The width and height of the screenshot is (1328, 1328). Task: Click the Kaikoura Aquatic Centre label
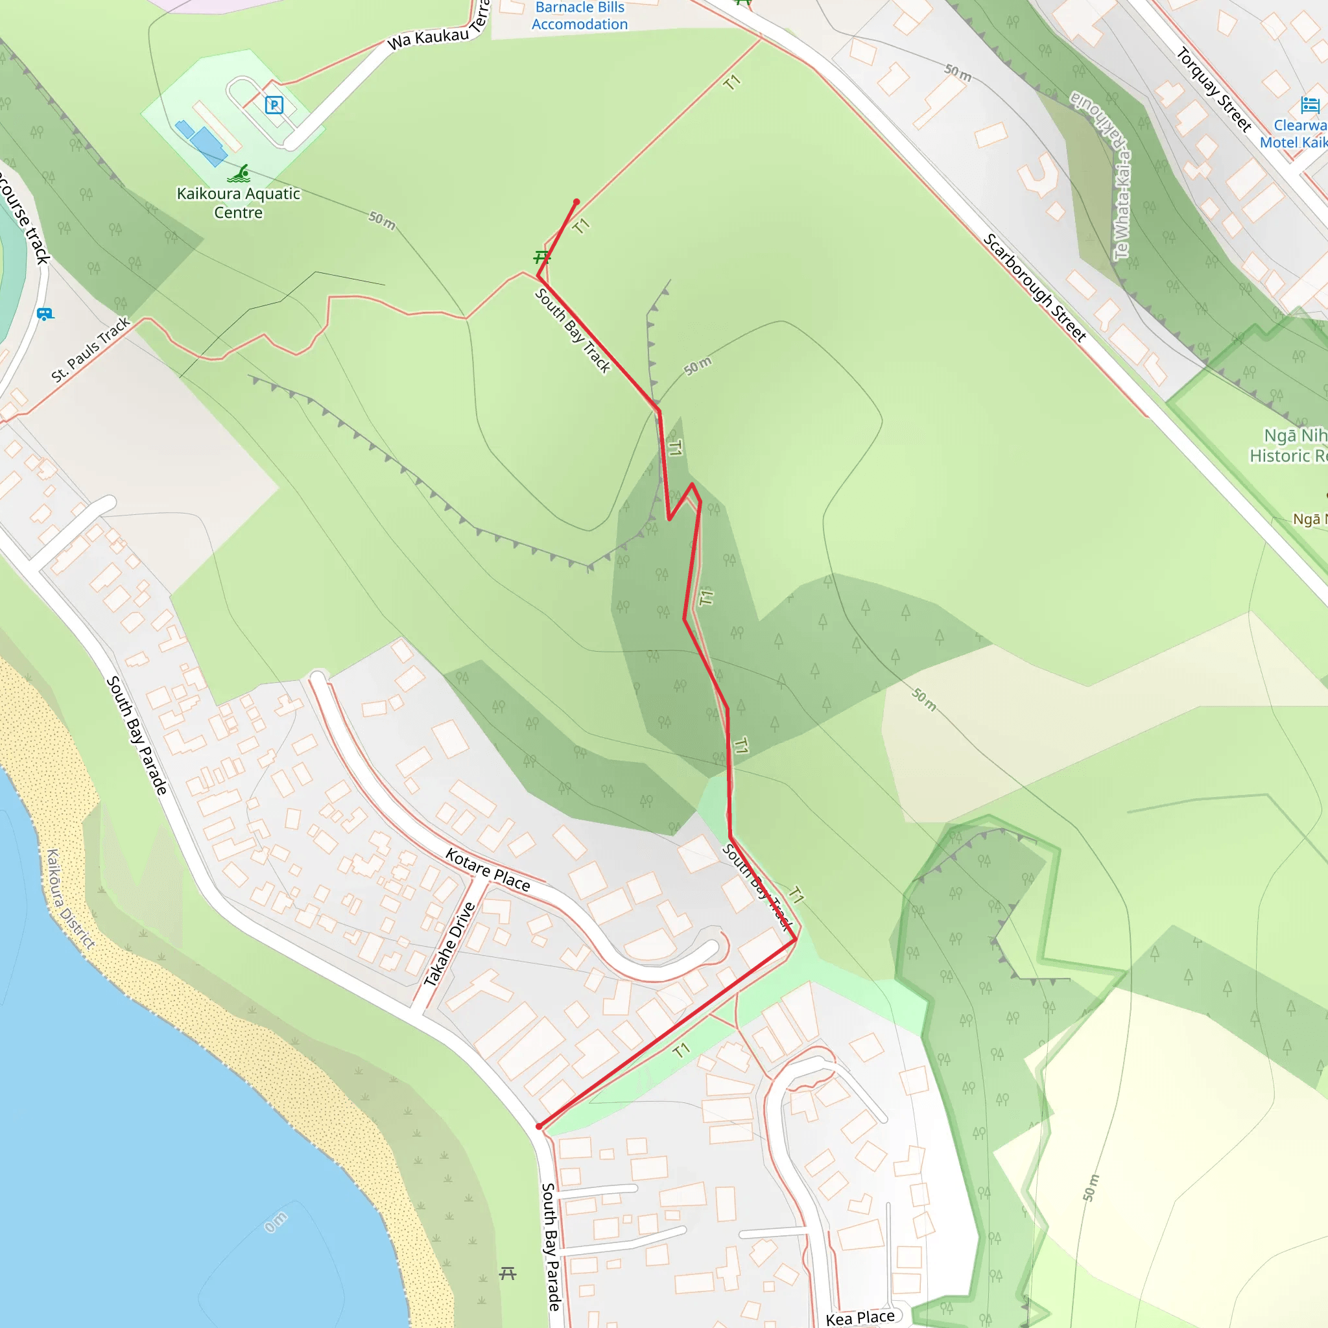point(239,203)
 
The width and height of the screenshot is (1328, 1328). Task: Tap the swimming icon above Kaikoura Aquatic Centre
point(239,173)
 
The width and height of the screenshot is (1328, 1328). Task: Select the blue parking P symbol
point(274,105)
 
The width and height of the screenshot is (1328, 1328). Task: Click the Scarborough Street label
point(1034,287)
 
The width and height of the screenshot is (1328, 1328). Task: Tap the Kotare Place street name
point(488,870)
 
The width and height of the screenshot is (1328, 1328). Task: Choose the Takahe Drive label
point(449,943)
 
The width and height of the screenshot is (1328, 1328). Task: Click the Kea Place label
point(860,1317)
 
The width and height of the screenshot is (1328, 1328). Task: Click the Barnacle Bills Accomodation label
point(580,16)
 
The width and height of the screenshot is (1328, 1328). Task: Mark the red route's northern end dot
point(576,202)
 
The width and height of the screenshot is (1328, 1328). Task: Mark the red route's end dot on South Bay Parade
point(539,1126)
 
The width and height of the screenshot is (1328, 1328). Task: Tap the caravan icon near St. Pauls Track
point(45,314)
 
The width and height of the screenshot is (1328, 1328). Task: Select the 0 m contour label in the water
point(276,1222)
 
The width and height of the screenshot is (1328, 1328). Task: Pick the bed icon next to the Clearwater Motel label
point(1310,105)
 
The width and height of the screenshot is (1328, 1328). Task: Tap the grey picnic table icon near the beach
point(508,1273)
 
